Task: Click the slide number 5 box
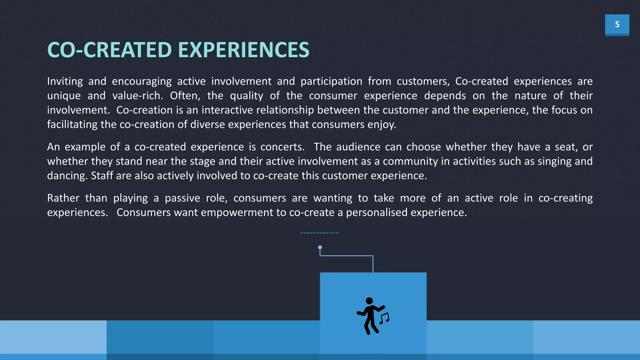[617, 24]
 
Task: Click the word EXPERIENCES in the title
[244, 50]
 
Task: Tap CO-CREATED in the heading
[109, 50]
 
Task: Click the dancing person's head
[369, 301]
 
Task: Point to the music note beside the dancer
[385, 318]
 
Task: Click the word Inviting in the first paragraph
[65, 81]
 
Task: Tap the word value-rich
[137, 96]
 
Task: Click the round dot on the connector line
[320, 247]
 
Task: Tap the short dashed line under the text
[320, 233]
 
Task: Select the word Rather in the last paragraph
[63, 198]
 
